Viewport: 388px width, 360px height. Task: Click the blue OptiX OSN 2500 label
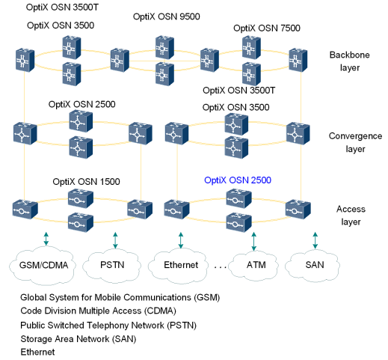(x=237, y=180)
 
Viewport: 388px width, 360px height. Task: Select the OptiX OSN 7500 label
(x=266, y=28)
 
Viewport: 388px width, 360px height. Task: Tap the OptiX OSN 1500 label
(x=86, y=182)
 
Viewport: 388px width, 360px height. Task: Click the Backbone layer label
(x=345, y=61)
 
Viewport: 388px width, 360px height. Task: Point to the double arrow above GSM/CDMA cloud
(x=46, y=239)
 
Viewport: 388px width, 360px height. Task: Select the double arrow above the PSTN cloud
(x=115, y=239)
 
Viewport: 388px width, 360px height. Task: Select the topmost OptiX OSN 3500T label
(x=63, y=7)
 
